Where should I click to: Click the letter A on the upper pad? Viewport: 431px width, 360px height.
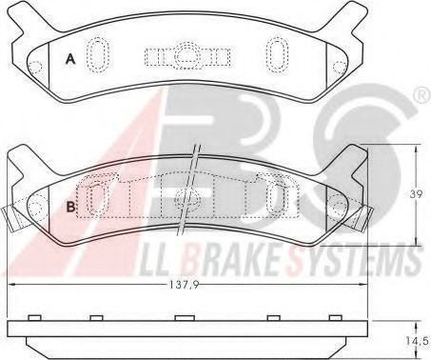click(x=70, y=59)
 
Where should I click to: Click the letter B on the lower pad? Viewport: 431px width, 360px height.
click(x=71, y=207)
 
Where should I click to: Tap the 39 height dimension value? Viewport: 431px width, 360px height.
click(x=416, y=194)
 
